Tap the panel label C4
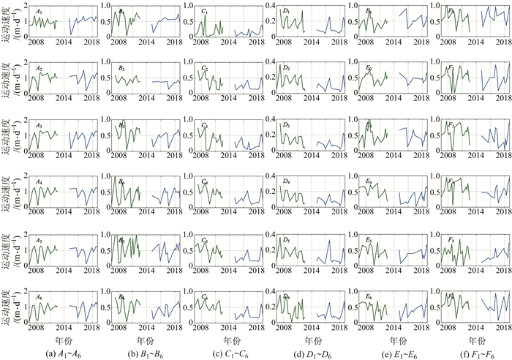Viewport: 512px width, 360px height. [206, 182]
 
